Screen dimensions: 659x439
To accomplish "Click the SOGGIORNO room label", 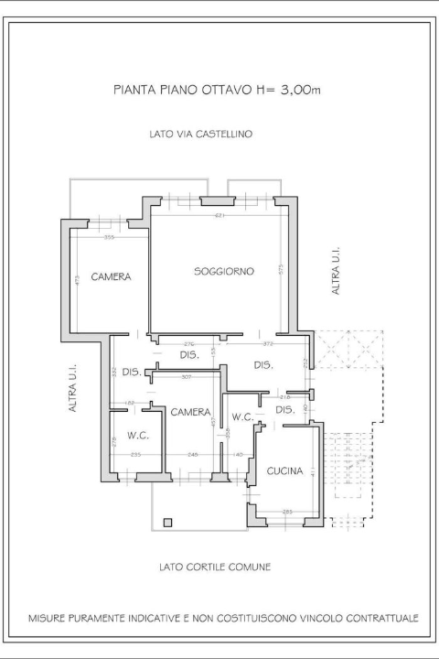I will [223, 271].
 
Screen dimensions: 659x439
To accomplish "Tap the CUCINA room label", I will [284, 471].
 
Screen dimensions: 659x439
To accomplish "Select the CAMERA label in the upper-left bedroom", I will [111, 276].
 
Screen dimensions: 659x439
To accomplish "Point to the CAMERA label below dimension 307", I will [190, 412].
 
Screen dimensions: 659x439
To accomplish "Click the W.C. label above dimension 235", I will [138, 435].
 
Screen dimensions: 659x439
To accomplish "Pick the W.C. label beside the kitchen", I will [242, 417].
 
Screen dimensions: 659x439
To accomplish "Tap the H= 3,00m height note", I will [288, 90].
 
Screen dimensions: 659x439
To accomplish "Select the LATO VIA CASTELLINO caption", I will [200, 134].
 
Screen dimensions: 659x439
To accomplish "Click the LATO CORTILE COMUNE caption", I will [215, 567].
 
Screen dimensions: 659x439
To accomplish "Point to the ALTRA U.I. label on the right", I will [336, 270].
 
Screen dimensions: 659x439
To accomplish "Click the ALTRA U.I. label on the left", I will [72, 389].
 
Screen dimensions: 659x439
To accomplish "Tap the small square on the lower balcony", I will [166, 522].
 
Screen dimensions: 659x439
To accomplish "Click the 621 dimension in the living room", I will [219, 216].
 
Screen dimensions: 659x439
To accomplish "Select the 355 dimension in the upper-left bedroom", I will [109, 238].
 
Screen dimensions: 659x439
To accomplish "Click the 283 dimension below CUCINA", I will [286, 511].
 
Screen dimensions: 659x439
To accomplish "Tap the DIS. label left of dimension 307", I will [131, 373].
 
